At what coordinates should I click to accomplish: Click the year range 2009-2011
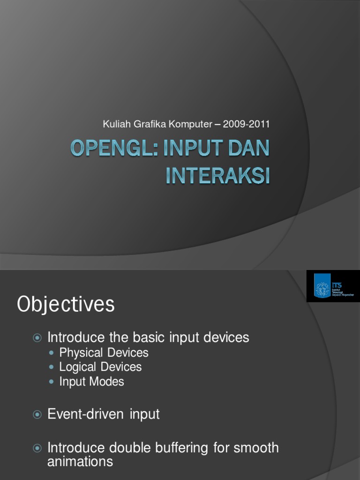click(247, 124)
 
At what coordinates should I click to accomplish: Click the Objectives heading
click(66, 304)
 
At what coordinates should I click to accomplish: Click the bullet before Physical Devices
click(52, 352)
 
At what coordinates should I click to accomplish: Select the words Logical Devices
click(100, 367)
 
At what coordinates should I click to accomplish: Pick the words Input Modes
click(92, 381)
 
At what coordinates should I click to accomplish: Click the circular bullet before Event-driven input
click(37, 414)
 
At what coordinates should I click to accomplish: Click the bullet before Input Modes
click(52, 382)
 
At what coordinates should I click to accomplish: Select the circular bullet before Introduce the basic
click(37, 337)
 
